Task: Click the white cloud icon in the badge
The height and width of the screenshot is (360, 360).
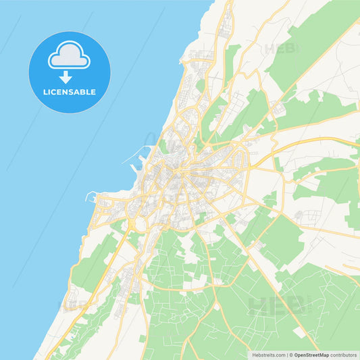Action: (70, 55)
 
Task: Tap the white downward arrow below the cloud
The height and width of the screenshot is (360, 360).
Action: (70, 76)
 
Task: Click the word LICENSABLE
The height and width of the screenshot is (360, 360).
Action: (70, 92)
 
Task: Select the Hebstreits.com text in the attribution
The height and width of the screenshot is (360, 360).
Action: (268, 355)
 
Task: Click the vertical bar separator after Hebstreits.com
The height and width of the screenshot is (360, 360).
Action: (286, 355)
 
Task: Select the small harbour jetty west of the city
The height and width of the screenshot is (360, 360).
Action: (91, 197)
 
